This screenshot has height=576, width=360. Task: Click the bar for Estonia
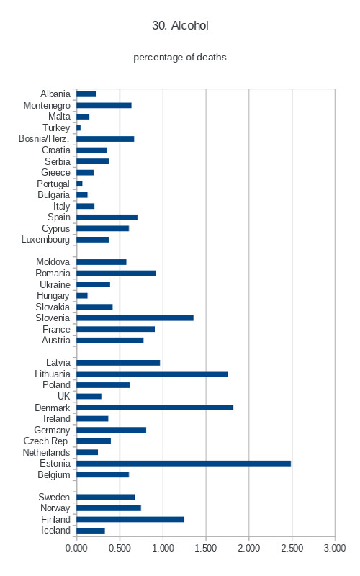[x=184, y=464]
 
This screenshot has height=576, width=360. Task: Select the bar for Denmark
[x=155, y=408]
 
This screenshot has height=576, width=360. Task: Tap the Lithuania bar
[x=152, y=374]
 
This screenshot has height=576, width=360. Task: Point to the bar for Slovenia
[x=135, y=318]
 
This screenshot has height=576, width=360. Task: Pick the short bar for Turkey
[x=78, y=128]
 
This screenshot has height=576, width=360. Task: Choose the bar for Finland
[x=130, y=519]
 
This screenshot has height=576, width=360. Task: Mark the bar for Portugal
[x=79, y=184]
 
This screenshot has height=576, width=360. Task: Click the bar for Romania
[x=116, y=274]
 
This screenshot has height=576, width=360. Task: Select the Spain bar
[x=107, y=217]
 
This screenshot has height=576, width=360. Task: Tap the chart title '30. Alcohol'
[x=180, y=25]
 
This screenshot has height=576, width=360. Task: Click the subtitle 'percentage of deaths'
[x=179, y=58]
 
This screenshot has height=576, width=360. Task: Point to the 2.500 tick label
[x=292, y=548]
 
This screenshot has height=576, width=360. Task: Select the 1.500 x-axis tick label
[x=206, y=548]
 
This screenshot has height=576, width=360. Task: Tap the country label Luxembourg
[x=45, y=240]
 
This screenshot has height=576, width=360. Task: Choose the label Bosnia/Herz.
[x=44, y=139]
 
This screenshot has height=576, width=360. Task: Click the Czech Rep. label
[x=46, y=441]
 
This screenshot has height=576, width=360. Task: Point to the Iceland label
[x=55, y=531]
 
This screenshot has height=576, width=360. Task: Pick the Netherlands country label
[x=46, y=453]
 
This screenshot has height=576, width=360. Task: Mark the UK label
[x=63, y=397]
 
